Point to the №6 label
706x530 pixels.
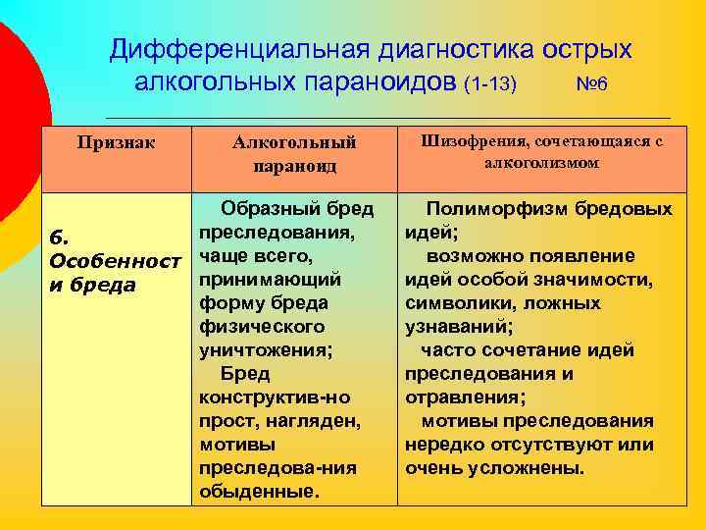591,83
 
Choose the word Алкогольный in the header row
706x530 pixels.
294,143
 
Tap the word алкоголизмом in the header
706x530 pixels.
541,163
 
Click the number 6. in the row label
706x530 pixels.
59,238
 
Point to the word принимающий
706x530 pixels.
269,280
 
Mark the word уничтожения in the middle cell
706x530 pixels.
262,350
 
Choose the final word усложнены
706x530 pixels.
535,468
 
